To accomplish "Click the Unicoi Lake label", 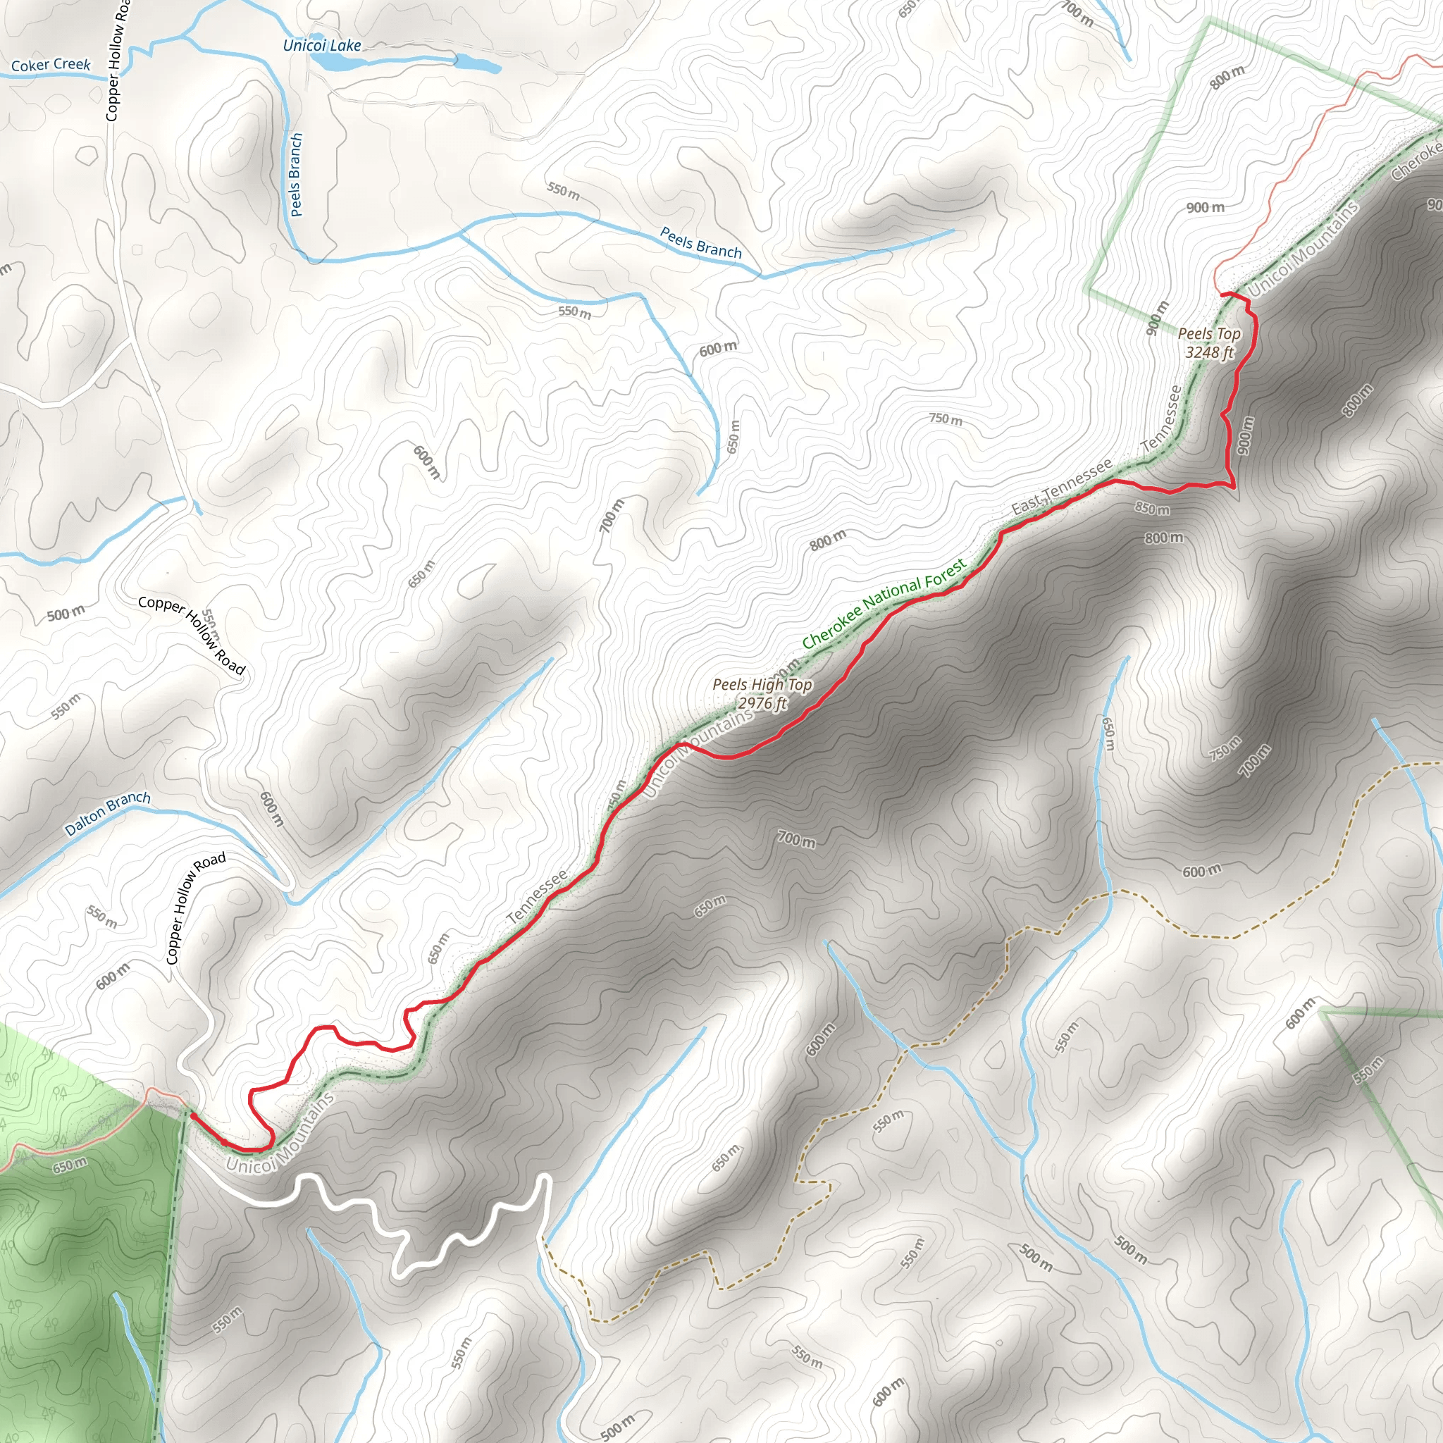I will point(322,46).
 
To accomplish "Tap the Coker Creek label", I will point(51,65).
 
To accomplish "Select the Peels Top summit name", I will point(1209,334).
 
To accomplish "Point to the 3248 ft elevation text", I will point(1209,352).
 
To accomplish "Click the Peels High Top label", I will point(762,684).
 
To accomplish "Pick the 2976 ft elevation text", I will point(762,702).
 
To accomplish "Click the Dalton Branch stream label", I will point(108,813).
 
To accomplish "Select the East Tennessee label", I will point(1062,487).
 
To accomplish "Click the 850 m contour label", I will point(1152,509).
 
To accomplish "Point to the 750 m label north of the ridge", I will point(946,419).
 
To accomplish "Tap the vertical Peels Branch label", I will point(297,175).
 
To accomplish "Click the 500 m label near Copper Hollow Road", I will point(66,614).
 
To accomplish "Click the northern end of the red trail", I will point(1222,295).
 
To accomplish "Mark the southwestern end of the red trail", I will point(192,1115).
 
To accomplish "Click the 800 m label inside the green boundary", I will point(1227,77).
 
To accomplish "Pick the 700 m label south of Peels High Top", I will point(796,839).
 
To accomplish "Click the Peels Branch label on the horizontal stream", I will point(700,244).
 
